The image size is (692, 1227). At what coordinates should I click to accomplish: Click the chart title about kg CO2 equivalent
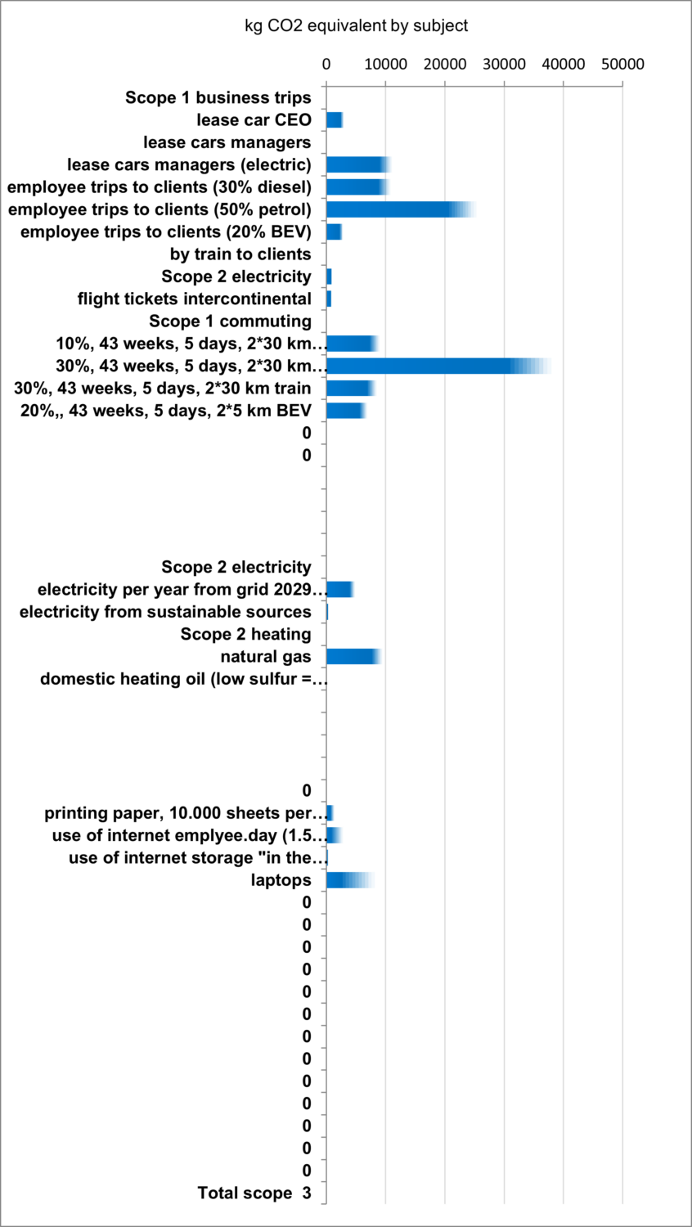coord(356,26)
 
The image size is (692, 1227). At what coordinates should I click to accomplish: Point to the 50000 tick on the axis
coord(622,64)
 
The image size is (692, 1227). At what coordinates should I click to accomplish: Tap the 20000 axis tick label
coord(444,64)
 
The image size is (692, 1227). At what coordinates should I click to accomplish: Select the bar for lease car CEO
coord(334,120)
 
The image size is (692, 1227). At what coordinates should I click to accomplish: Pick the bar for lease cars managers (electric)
coord(357,164)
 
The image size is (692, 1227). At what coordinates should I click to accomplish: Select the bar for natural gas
coord(353,656)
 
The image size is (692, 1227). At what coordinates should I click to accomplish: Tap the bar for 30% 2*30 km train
coord(349,388)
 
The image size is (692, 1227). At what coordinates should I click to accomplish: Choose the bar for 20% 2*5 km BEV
coord(344,410)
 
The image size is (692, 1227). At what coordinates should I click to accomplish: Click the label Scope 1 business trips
coord(218,98)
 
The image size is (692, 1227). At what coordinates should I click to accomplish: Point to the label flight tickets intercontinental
coord(195,299)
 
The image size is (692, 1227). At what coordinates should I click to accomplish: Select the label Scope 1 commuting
coord(230,321)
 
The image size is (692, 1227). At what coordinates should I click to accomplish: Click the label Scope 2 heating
coord(245,634)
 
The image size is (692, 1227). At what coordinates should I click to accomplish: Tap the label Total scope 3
coord(254,1193)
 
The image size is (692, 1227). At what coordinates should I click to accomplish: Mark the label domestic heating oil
coord(184,679)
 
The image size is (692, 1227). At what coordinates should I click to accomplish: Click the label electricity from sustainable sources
coord(165,612)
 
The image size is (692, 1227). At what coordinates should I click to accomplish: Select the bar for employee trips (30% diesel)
coord(356,187)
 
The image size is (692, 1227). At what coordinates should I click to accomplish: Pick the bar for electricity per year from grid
coord(339,589)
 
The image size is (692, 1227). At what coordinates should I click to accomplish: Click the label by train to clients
coord(240,254)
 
